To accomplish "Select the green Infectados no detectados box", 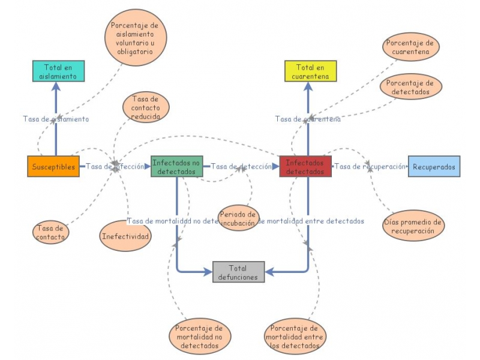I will (x=177, y=166).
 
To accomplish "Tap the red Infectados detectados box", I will (x=305, y=166).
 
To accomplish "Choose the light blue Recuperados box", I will (x=434, y=166).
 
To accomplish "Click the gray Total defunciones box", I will (x=238, y=272).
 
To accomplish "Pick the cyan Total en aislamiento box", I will (x=58, y=71).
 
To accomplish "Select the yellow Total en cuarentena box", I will (x=310, y=71).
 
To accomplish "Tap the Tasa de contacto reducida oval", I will (x=145, y=107).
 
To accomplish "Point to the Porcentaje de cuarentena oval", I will (x=411, y=47).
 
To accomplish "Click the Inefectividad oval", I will (x=125, y=236).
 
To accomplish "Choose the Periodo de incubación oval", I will (x=238, y=218).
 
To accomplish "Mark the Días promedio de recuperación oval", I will (x=413, y=226).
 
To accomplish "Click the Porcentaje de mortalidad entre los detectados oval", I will (x=295, y=337).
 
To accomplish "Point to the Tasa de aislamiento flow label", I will (x=56, y=119).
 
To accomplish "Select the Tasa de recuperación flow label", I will (x=370, y=167).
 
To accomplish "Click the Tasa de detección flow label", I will (x=241, y=167).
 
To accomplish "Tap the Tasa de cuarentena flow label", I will (x=308, y=119).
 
